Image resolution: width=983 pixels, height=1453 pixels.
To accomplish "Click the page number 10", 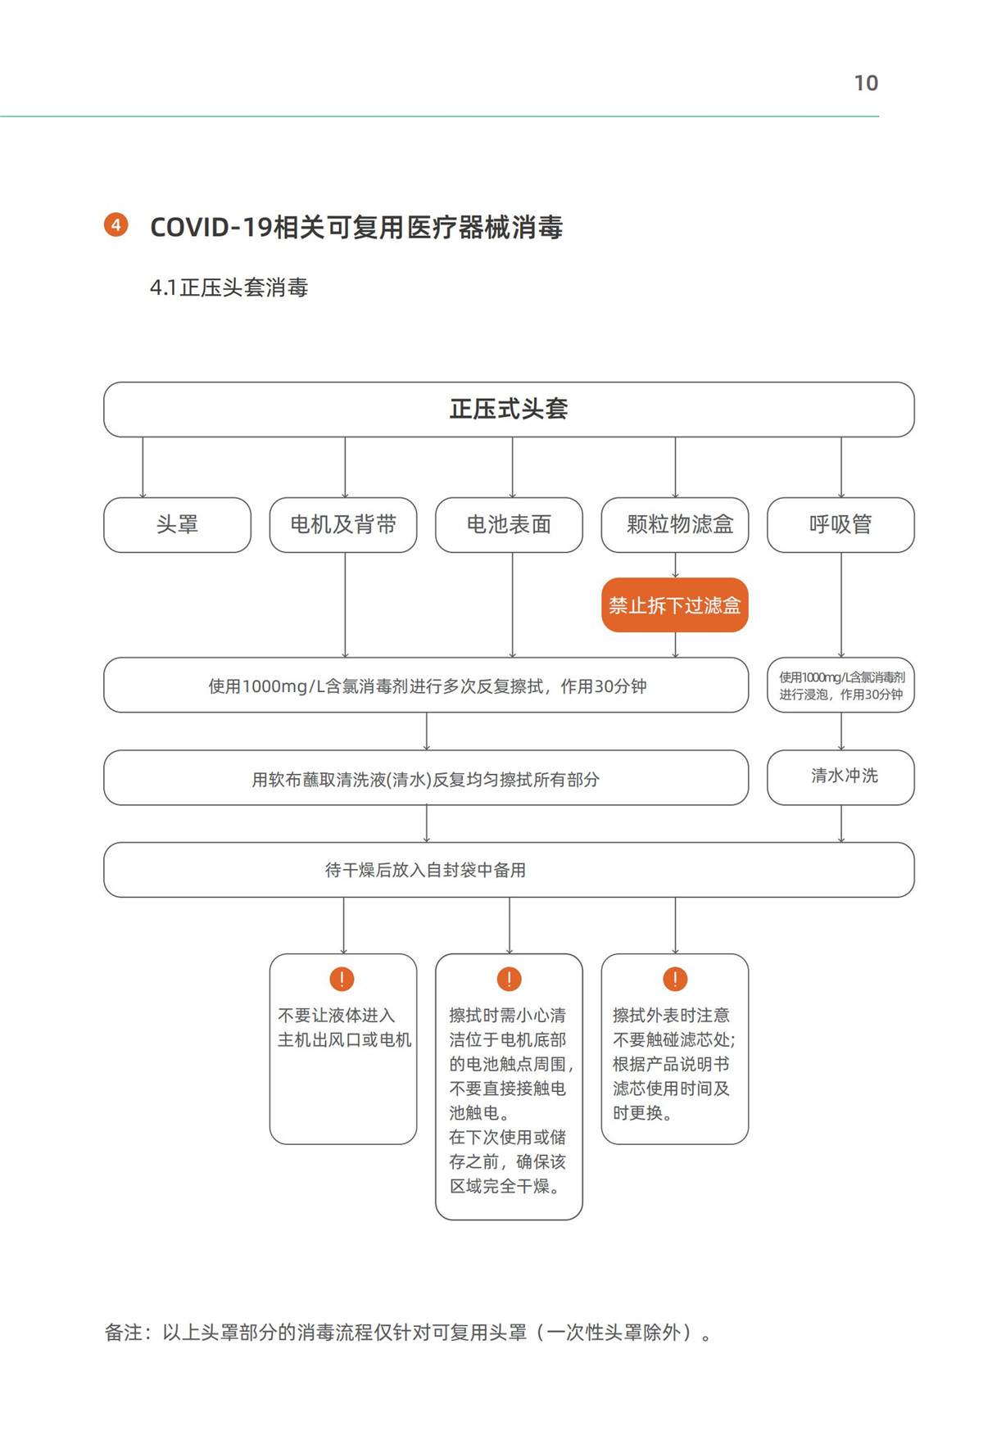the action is (866, 83).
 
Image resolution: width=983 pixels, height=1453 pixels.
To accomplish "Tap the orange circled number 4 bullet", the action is (116, 224).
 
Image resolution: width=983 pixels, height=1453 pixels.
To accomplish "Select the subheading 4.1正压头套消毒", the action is (229, 287).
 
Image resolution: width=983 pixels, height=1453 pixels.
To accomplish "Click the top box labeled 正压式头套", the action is (509, 410).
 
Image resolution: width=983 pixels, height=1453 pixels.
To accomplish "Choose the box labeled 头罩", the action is (178, 525).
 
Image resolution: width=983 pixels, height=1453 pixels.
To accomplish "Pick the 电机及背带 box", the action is (343, 525).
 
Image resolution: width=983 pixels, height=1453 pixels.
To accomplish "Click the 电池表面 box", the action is (509, 525).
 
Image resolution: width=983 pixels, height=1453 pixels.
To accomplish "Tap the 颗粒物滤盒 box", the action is (675, 525).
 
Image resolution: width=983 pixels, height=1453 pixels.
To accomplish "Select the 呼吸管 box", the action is (840, 525).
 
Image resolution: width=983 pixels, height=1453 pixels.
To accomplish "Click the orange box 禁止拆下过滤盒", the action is (675, 605).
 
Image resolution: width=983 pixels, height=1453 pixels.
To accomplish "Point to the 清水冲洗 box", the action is (840, 777).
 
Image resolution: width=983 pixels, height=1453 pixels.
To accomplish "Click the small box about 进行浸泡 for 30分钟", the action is (840, 685).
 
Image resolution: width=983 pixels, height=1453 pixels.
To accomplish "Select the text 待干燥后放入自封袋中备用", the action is (426, 870).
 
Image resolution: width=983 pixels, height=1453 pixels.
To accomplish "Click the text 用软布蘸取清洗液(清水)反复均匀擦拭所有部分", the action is (426, 779).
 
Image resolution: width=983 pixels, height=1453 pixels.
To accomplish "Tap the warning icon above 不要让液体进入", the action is (342, 979).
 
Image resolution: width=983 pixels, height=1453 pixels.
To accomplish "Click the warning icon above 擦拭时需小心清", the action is (509, 979).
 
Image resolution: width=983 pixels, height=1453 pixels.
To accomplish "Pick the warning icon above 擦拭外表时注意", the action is (675, 979).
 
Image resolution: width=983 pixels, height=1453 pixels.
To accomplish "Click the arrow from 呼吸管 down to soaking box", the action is (841, 605).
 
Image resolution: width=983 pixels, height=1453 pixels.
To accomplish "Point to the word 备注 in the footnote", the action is (124, 1333).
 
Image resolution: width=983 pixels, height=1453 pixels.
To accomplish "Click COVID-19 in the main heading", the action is (211, 227).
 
